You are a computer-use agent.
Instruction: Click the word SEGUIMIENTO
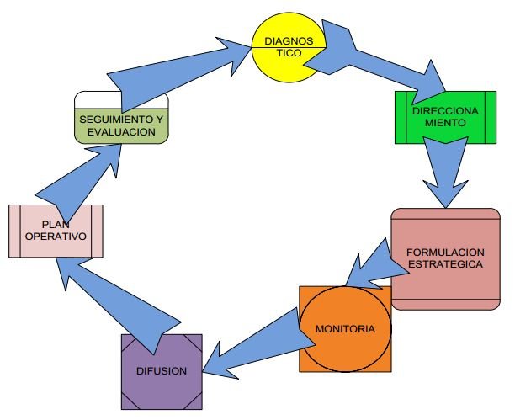pyautogui.click(x=112, y=120)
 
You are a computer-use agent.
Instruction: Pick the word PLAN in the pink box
pyautogui.click(x=55, y=224)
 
